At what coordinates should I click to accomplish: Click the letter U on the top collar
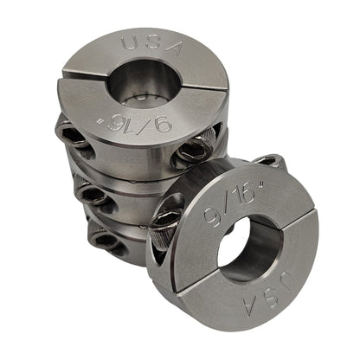coord(126,42)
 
